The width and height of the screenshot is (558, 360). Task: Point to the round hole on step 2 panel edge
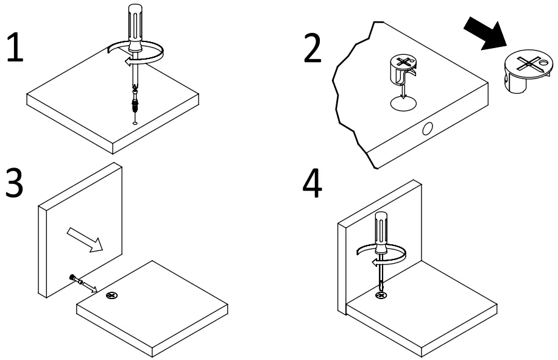[428, 129]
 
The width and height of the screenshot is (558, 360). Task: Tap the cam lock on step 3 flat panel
[111, 296]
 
